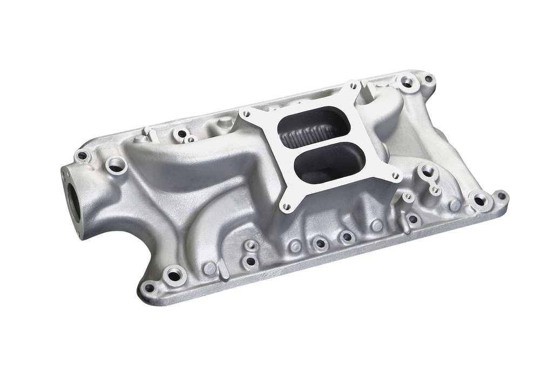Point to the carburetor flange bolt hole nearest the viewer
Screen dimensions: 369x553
[x=287, y=206]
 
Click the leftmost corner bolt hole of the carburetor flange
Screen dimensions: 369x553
[x=247, y=114]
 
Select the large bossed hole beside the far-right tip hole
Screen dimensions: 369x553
[x=479, y=200]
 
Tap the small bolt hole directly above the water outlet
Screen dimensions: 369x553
[x=82, y=156]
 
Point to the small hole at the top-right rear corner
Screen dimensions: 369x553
[x=428, y=79]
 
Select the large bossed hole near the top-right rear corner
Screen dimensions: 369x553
[x=407, y=83]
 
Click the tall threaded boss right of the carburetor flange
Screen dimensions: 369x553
[x=427, y=171]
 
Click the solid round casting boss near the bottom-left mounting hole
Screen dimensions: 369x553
[x=210, y=268]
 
